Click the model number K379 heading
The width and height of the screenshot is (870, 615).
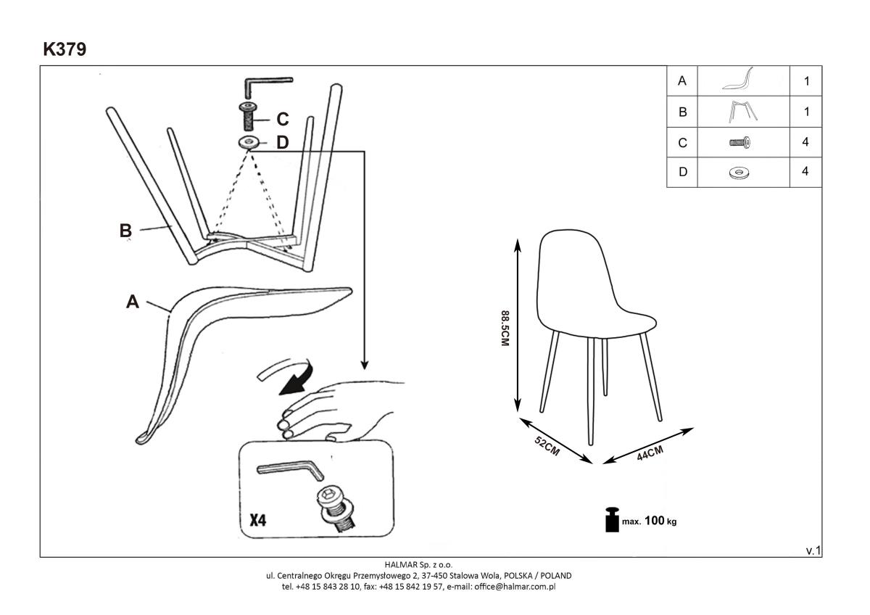pyautogui.click(x=65, y=49)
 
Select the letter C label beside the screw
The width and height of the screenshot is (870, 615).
pyautogui.click(x=282, y=119)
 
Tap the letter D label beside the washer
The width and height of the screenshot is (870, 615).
pyautogui.click(x=282, y=143)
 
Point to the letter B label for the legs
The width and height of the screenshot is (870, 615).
pyautogui.click(x=125, y=231)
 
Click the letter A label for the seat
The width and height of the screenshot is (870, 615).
pyautogui.click(x=133, y=302)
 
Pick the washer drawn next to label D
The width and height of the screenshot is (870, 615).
pyautogui.click(x=249, y=141)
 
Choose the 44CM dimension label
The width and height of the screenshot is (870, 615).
pyautogui.click(x=650, y=454)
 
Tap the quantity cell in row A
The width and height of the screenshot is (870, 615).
pyautogui.click(x=805, y=81)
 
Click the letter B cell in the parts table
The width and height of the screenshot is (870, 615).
pyautogui.click(x=681, y=112)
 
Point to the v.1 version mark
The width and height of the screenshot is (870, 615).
pyautogui.click(x=813, y=551)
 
